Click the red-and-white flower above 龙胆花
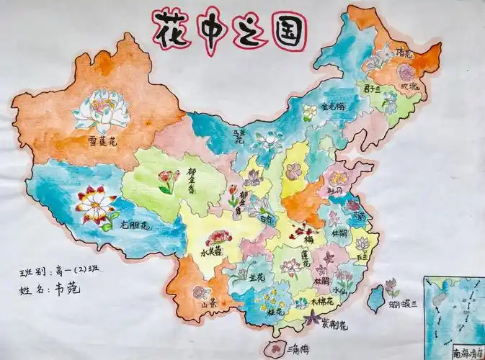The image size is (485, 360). (96, 204)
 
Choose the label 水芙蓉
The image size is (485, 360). (212, 253)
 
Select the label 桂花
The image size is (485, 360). (272, 313)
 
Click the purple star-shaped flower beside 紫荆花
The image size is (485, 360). (314, 318)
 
